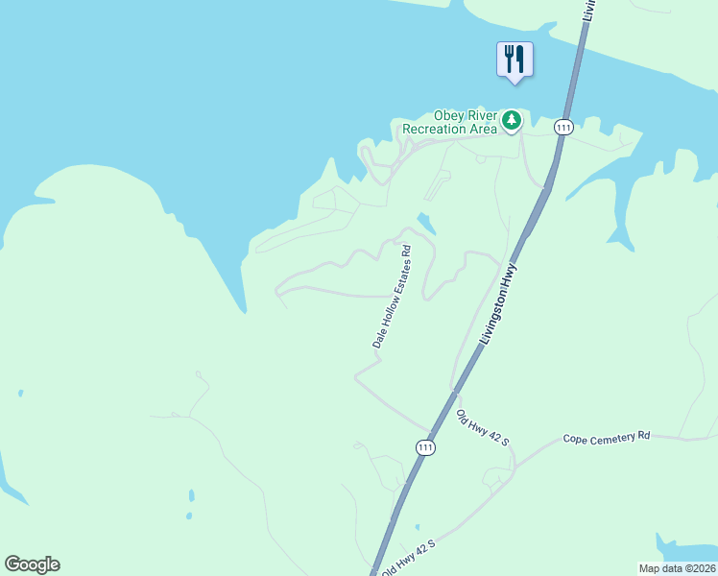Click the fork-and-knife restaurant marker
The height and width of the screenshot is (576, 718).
click(515, 59)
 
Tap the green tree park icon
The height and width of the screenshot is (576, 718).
click(513, 120)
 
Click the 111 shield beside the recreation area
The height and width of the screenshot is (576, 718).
click(563, 127)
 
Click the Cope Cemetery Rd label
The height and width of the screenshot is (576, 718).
click(607, 437)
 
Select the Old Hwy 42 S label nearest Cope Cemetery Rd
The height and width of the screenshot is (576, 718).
click(482, 429)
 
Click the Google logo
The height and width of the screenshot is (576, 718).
click(32, 564)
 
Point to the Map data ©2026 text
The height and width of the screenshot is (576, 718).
click(677, 567)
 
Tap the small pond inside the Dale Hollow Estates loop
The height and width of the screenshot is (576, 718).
click(425, 224)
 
